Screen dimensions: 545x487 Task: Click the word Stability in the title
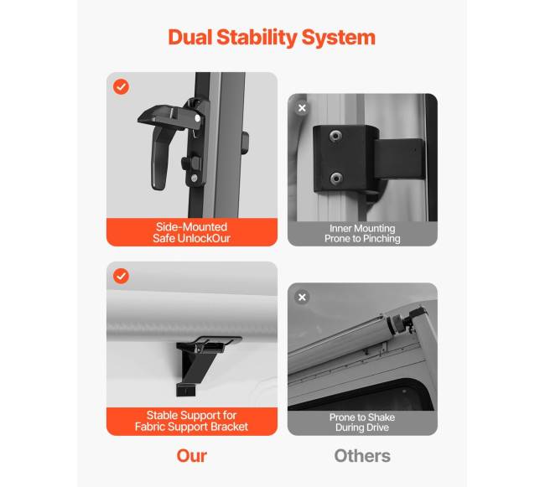pos(257,38)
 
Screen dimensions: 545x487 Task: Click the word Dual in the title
pos(189,37)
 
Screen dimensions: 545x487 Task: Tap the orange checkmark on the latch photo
pos(121,86)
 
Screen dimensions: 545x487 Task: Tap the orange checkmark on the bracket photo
pos(121,276)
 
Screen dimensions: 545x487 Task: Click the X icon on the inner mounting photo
pos(302,108)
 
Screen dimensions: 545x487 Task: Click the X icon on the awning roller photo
pos(302,298)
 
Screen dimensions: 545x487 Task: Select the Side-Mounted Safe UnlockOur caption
pos(191,232)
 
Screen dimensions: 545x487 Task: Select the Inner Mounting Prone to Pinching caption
pos(362,233)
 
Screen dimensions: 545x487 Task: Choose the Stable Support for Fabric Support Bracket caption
pos(191,421)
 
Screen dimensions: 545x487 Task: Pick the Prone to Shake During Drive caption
pos(362,422)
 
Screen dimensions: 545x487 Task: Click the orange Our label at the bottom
pos(191,456)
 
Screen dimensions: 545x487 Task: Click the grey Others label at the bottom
pos(362,456)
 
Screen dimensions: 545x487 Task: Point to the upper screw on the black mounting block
pos(335,136)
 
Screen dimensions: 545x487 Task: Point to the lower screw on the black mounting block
pos(336,179)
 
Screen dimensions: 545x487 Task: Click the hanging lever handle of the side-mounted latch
pos(160,158)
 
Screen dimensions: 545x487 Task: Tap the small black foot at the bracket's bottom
pos(186,390)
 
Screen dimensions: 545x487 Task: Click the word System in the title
pos(339,38)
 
